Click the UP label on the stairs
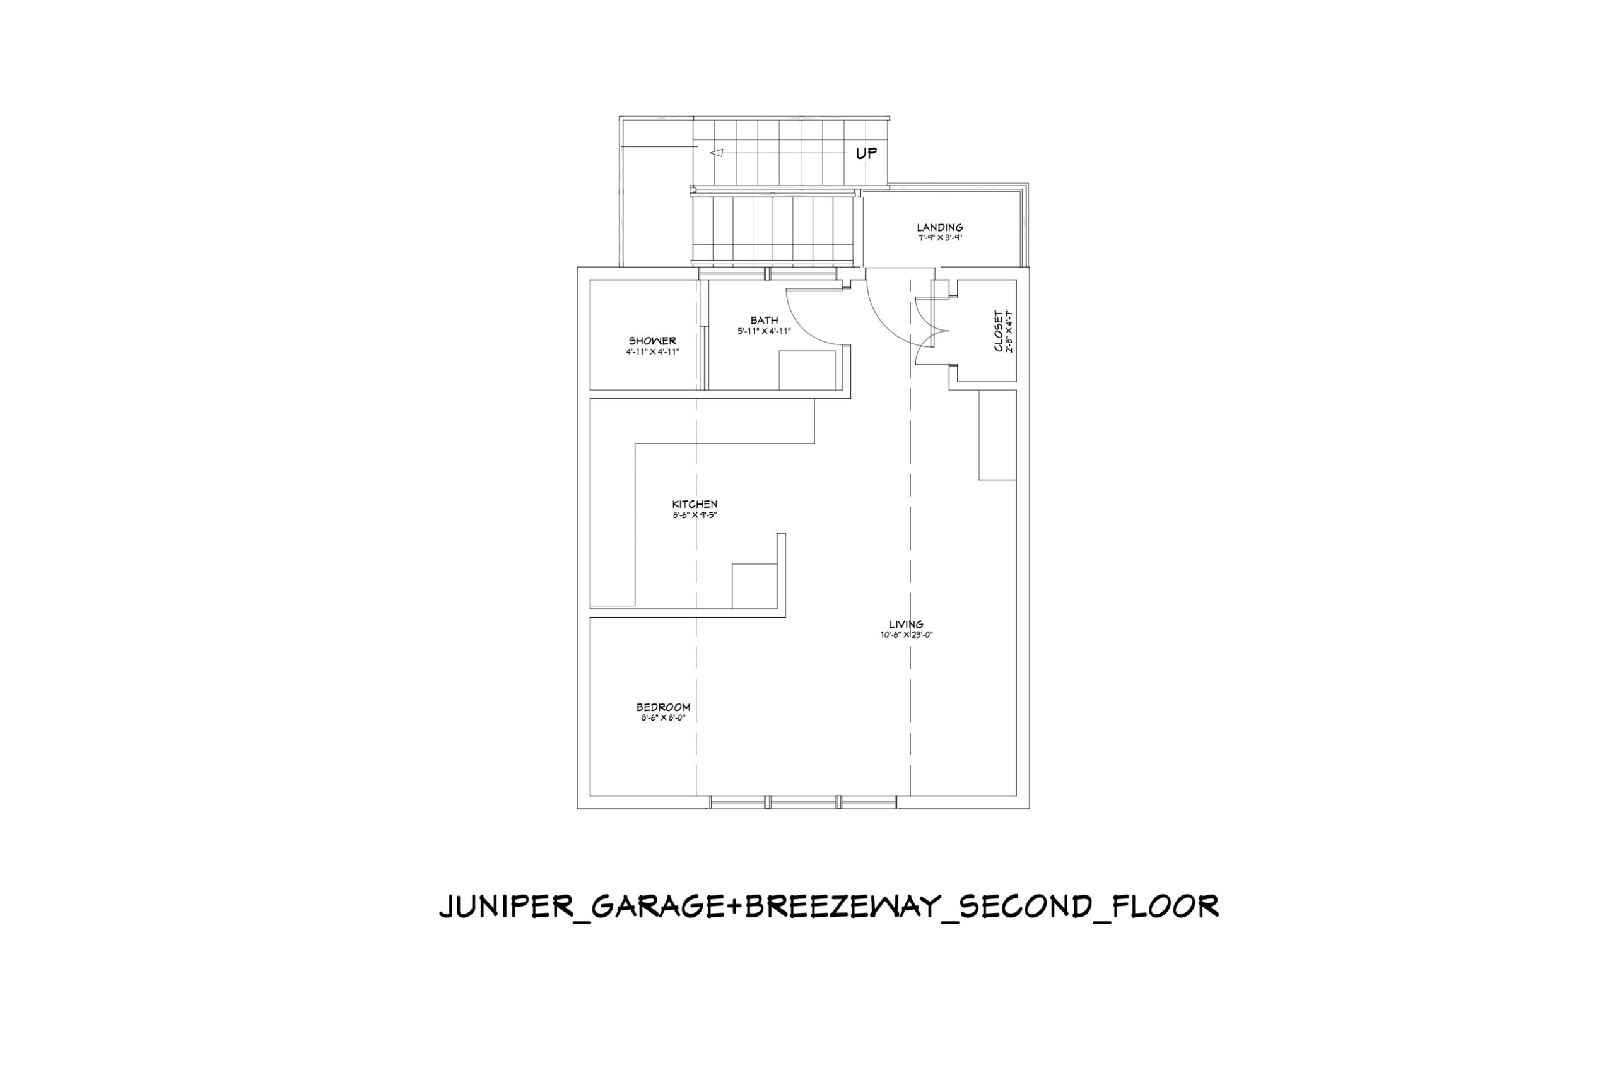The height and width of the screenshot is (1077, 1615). tap(866, 153)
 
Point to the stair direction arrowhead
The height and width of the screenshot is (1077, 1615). tap(716, 153)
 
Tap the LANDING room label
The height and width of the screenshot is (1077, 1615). tap(940, 227)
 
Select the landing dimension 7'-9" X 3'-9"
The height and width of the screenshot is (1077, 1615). tap(940, 238)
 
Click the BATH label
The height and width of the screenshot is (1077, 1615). tap(764, 320)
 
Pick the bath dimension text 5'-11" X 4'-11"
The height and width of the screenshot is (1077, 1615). tap(764, 331)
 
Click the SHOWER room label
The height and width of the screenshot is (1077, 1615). tap(652, 341)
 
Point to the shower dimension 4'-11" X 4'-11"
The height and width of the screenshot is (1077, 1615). tap(652, 351)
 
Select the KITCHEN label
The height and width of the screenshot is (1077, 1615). tap(695, 504)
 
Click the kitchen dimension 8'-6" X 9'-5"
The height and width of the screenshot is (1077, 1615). tap(695, 515)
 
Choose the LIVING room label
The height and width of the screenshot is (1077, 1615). tap(907, 625)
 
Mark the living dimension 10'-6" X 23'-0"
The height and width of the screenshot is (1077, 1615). tap(907, 635)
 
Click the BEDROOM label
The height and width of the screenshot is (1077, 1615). tap(663, 707)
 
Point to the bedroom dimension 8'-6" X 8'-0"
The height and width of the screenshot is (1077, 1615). tap(663, 719)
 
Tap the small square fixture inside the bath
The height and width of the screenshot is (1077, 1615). tap(807, 370)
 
